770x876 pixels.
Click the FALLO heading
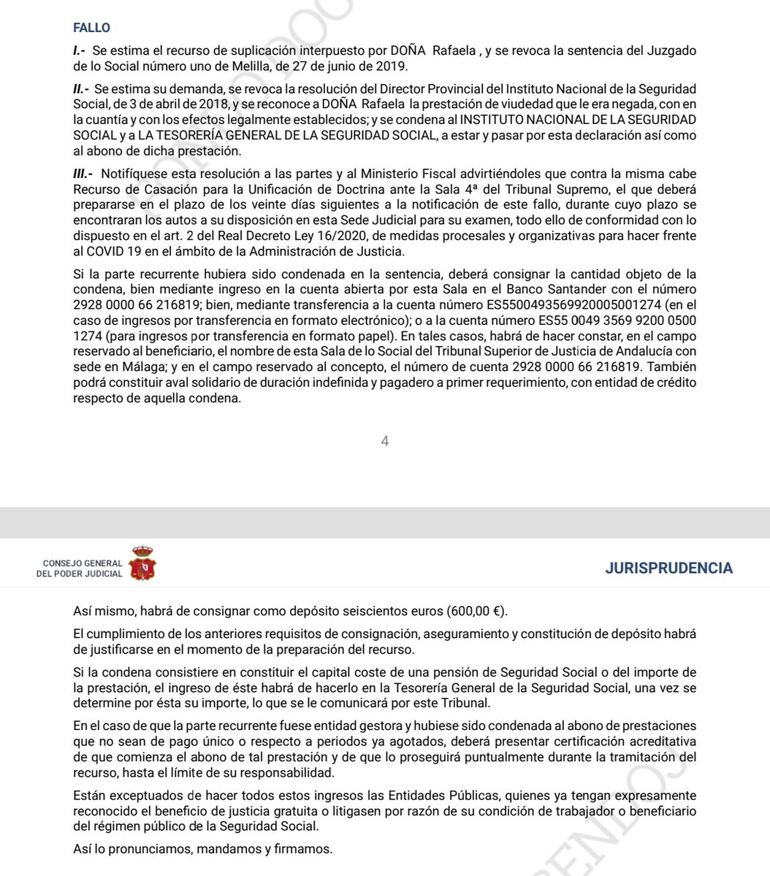(91, 28)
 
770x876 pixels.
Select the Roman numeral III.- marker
(83, 173)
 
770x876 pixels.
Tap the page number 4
(385, 441)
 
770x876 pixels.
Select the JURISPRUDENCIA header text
(668, 569)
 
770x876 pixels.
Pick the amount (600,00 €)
(478, 610)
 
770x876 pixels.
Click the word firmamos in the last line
(306, 849)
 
